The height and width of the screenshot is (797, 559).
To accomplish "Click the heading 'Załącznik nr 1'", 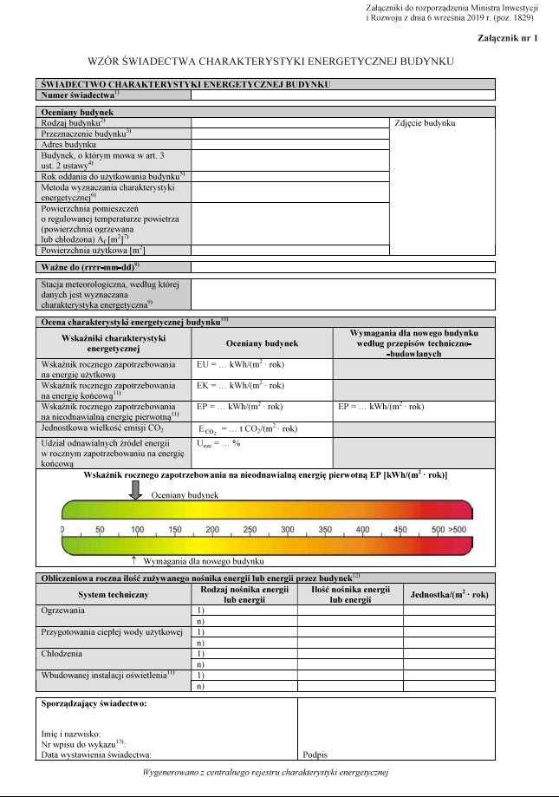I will click(507, 39).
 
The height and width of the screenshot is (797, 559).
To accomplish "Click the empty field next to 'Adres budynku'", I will click(289, 145).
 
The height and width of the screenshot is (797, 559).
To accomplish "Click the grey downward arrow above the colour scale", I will click(136, 490).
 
